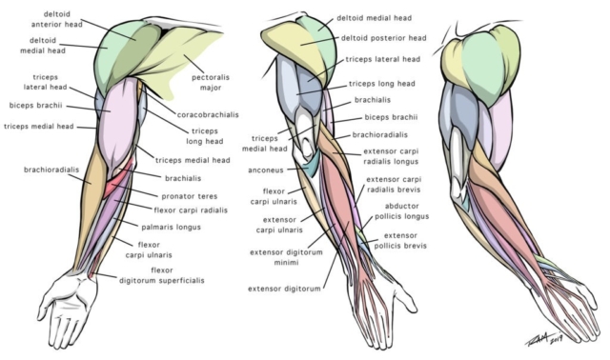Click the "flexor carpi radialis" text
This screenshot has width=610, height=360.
coord(192,208)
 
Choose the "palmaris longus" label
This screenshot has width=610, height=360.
coord(171,227)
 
